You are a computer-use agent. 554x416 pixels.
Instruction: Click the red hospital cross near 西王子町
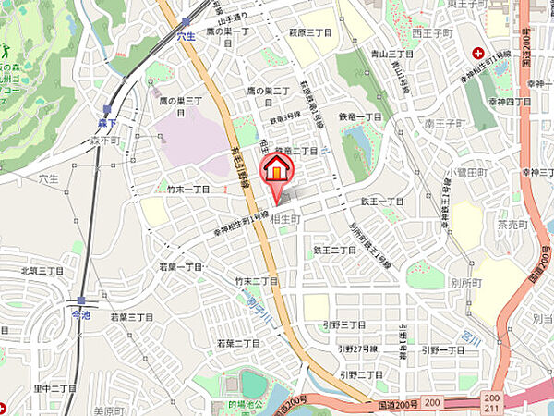[479, 53]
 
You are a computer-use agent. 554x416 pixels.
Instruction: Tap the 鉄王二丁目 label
[335, 250]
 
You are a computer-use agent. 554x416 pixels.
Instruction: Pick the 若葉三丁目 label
[132, 316]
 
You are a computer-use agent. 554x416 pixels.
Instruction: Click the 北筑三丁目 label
[42, 271]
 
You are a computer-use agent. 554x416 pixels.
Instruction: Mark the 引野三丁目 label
[344, 325]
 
